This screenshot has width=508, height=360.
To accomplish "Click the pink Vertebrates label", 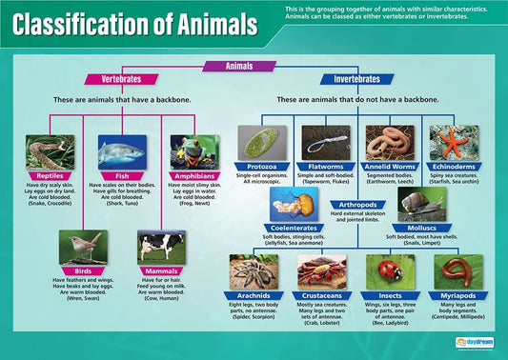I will [115, 79].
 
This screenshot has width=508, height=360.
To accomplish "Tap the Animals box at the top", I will [239, 66].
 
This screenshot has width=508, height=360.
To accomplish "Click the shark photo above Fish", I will [121, 151].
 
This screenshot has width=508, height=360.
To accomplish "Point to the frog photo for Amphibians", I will [194, 151].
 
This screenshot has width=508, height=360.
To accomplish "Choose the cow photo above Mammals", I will [161, 247].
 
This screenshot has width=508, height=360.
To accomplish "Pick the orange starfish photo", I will [454, 143].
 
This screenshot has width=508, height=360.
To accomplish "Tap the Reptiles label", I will [50, 176].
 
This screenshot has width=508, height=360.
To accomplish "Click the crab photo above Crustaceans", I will [323, 271].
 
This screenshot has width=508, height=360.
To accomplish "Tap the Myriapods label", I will [458, 296].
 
